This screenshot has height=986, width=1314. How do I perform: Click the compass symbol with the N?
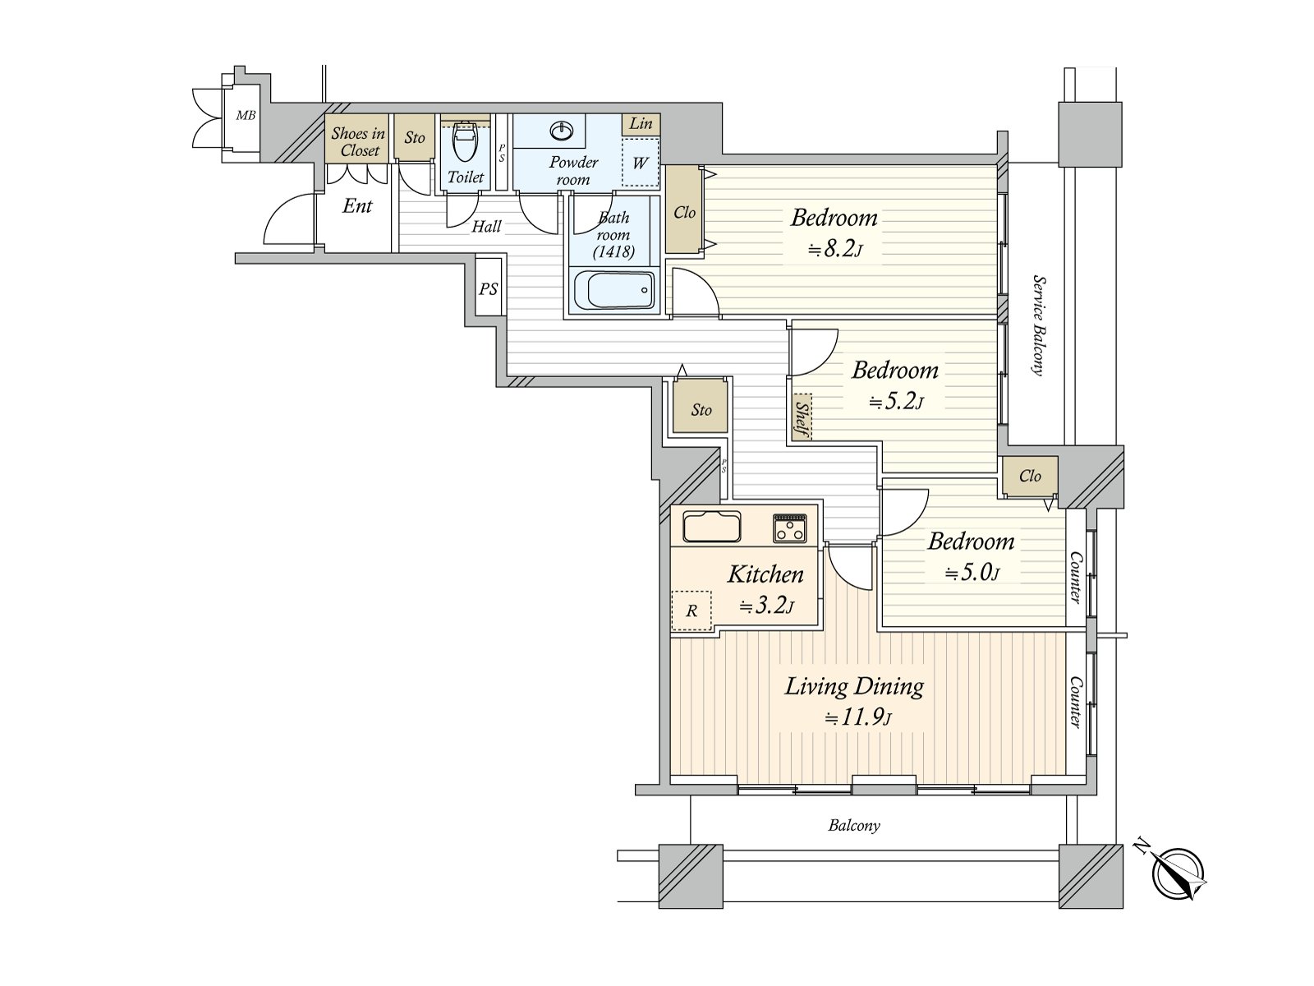click(1178, 873)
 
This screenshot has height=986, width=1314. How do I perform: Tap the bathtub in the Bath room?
click(613, 290)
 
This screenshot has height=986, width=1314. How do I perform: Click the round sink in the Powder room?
click(563, 131)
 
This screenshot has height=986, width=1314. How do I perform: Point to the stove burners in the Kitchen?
click(789, 528)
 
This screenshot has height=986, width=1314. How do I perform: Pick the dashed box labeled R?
click(691, 610)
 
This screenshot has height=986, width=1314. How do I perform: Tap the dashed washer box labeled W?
click(640, 162)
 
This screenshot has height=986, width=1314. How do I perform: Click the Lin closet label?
click(641, 123)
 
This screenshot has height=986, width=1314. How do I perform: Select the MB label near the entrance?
click(246, 116)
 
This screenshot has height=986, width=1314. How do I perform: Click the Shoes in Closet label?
click(358, 141)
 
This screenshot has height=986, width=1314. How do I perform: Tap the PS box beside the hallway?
click(489, 289)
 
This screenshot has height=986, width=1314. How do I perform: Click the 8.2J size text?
click(834, 249)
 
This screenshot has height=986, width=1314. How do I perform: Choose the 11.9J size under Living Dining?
click(858, 717)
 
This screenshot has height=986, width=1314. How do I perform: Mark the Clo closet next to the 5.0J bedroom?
click(1029, 477)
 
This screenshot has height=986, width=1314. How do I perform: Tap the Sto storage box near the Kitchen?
click(701, 408)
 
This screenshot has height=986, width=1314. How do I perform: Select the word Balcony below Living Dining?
click(853, 825)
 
